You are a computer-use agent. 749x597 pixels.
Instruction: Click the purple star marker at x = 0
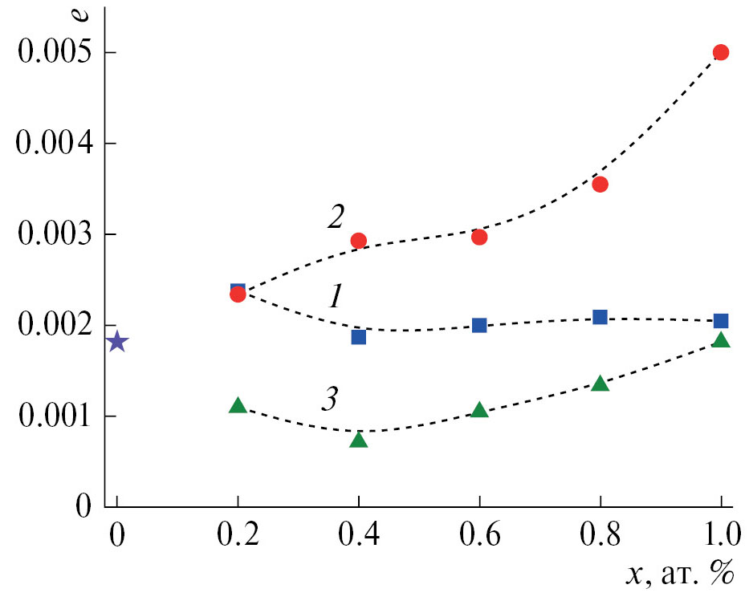tap(117, 342)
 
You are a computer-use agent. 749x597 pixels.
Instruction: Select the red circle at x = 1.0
tap(721, 52)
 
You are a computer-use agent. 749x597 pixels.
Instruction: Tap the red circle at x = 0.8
tap(600, 184)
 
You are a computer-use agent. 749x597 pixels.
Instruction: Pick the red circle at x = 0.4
tap(359, 241)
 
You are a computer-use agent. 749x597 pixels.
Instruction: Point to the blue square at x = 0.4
tap(359, 336)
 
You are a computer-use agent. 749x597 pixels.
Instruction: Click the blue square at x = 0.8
tap(600, 317)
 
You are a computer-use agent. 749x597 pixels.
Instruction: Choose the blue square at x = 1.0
tap(721, 321)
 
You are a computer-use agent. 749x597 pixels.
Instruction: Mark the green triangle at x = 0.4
tap(359, 440)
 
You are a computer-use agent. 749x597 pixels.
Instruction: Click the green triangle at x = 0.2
tap(238, 405)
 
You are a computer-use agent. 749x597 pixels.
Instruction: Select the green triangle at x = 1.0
tap(721, 340)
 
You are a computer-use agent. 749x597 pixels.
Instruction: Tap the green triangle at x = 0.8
tap(600, 384)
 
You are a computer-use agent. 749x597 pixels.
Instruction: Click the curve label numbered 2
tap(336, 216)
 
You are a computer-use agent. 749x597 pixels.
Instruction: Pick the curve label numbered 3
tap(330, 399)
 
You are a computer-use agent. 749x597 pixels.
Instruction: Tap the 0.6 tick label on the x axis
tap(479, 534)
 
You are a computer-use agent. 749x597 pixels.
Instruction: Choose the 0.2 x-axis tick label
tap(238, 534)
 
